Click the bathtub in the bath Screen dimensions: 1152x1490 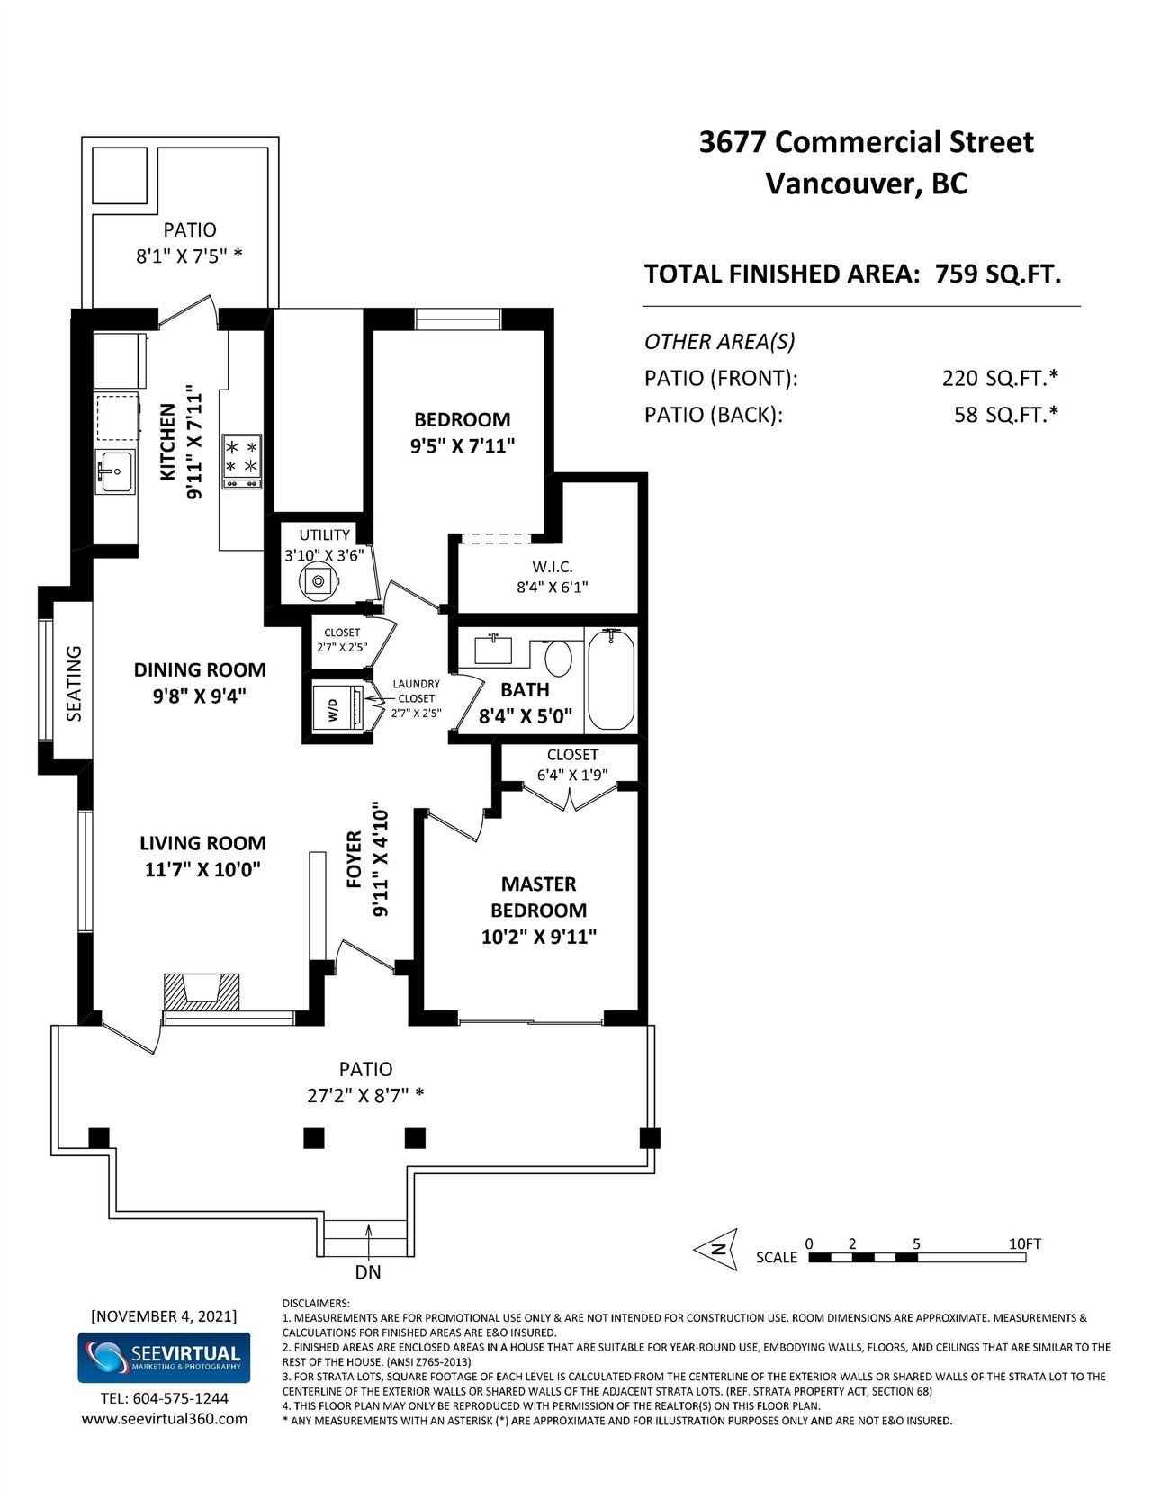point(610,678)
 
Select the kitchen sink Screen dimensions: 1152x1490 point(115,471)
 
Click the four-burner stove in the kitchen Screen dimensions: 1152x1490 point(241,462)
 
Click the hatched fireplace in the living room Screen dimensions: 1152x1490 point(201,992)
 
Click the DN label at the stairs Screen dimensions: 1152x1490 point(368,1272)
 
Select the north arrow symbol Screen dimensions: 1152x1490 point(716,1250)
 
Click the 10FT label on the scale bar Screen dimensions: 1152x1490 point(1024,1243)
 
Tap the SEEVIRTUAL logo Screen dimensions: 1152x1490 point(164,1357)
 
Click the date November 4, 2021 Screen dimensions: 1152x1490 point(164,1315)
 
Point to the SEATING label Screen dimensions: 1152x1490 point(74,683)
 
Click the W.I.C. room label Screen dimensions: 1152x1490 point(552,566)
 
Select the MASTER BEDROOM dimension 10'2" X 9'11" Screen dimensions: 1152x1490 point(539,937)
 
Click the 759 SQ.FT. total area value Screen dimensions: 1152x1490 point(998,274)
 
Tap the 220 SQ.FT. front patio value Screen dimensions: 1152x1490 point(1000,378)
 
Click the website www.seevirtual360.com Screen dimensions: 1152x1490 point(165,1419)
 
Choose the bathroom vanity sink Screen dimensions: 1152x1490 point(493,649)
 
